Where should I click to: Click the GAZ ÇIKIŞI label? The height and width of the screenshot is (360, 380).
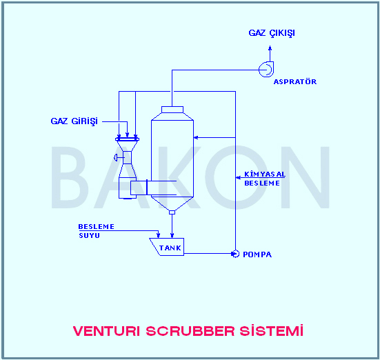tap(272, 33)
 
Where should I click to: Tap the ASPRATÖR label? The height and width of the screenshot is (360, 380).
tap(295, 81)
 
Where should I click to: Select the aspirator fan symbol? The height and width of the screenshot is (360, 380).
tap(266, 70)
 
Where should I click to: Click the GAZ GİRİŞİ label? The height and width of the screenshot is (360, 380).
tap(74, 121)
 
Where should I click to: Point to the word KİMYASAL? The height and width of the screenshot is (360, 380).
tap(265, 174)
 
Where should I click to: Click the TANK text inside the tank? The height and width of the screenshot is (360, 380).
tap(170, 248)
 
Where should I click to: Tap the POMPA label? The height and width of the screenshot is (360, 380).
tap(257, 254)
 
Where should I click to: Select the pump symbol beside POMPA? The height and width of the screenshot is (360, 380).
tap(235, 254)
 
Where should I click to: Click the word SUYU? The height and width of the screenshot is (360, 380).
tap(89, 235)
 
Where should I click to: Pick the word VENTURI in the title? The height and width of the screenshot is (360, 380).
tap(106, 331)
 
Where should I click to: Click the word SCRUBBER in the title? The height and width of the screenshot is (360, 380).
tap(190, 331)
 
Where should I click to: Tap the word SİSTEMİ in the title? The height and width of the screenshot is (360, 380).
tap(272, 330)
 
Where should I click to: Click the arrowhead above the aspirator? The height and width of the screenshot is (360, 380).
tap(270, 48)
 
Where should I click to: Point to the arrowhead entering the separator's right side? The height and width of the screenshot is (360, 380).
tap(196, 137)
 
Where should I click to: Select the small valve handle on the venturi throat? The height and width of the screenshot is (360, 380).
tap(116, 157)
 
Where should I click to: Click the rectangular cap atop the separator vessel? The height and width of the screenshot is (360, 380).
tap(172, 110)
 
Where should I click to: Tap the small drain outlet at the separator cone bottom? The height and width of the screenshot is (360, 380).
tap(172, 212)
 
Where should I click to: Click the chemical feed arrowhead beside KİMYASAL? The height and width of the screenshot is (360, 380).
tap(238, 178)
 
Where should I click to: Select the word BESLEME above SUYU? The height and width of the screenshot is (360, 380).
tap(97, 227)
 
